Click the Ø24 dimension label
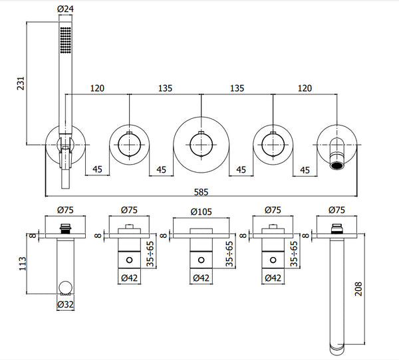coord(65,9)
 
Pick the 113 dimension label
coord(22,264)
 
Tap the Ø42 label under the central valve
coord(201,279)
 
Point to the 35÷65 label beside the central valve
coord(229,252)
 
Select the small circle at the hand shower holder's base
coord(65,288)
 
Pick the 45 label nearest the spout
coord(305,170)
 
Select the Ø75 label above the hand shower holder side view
coord(65,211)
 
